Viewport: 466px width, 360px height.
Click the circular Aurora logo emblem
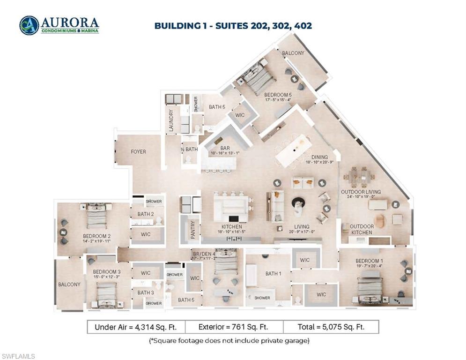tap(29, 25)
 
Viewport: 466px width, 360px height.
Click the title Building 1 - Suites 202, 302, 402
tap(233, 25)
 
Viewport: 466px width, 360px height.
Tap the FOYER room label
tap(138, 152)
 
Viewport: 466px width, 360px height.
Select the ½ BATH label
tap(189, 150)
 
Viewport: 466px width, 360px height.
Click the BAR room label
tap(219, 148)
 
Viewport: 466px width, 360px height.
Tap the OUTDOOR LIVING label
tap(361, 192)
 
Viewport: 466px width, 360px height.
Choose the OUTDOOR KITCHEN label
tap(362, 229)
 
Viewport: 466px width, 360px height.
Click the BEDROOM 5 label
tap(278, 95)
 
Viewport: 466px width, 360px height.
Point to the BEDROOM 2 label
tap(96, 236)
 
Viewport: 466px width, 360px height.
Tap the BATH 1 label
tap(274, 274)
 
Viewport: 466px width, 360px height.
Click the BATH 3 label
tap(146, 293)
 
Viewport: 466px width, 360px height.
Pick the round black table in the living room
tap(298, 202)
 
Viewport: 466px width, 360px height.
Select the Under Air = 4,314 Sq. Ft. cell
tap(136, 327)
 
